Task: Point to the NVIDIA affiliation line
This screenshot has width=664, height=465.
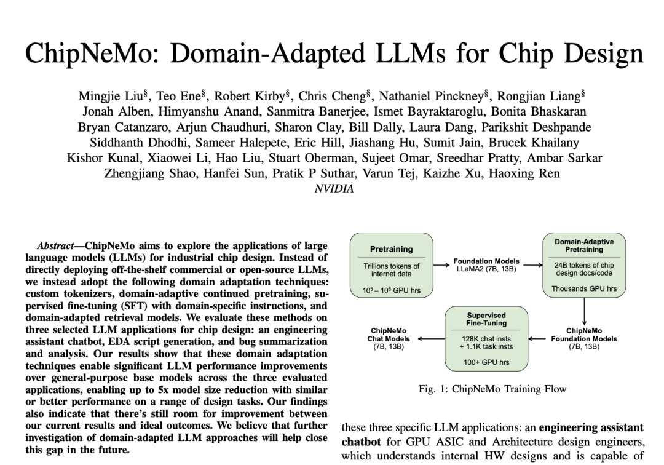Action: pyautogui.click(x=334, y=189)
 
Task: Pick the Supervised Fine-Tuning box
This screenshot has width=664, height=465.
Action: pyautogui.click(x=486, y=338)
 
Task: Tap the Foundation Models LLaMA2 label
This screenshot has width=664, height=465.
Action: pyautogui.click(x=486, y=265)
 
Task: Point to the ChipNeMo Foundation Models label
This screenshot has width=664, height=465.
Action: pyautogui.click(x=583, y=339)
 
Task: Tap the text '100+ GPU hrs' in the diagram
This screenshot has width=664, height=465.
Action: pyautogui.click(x=486, y=362)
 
